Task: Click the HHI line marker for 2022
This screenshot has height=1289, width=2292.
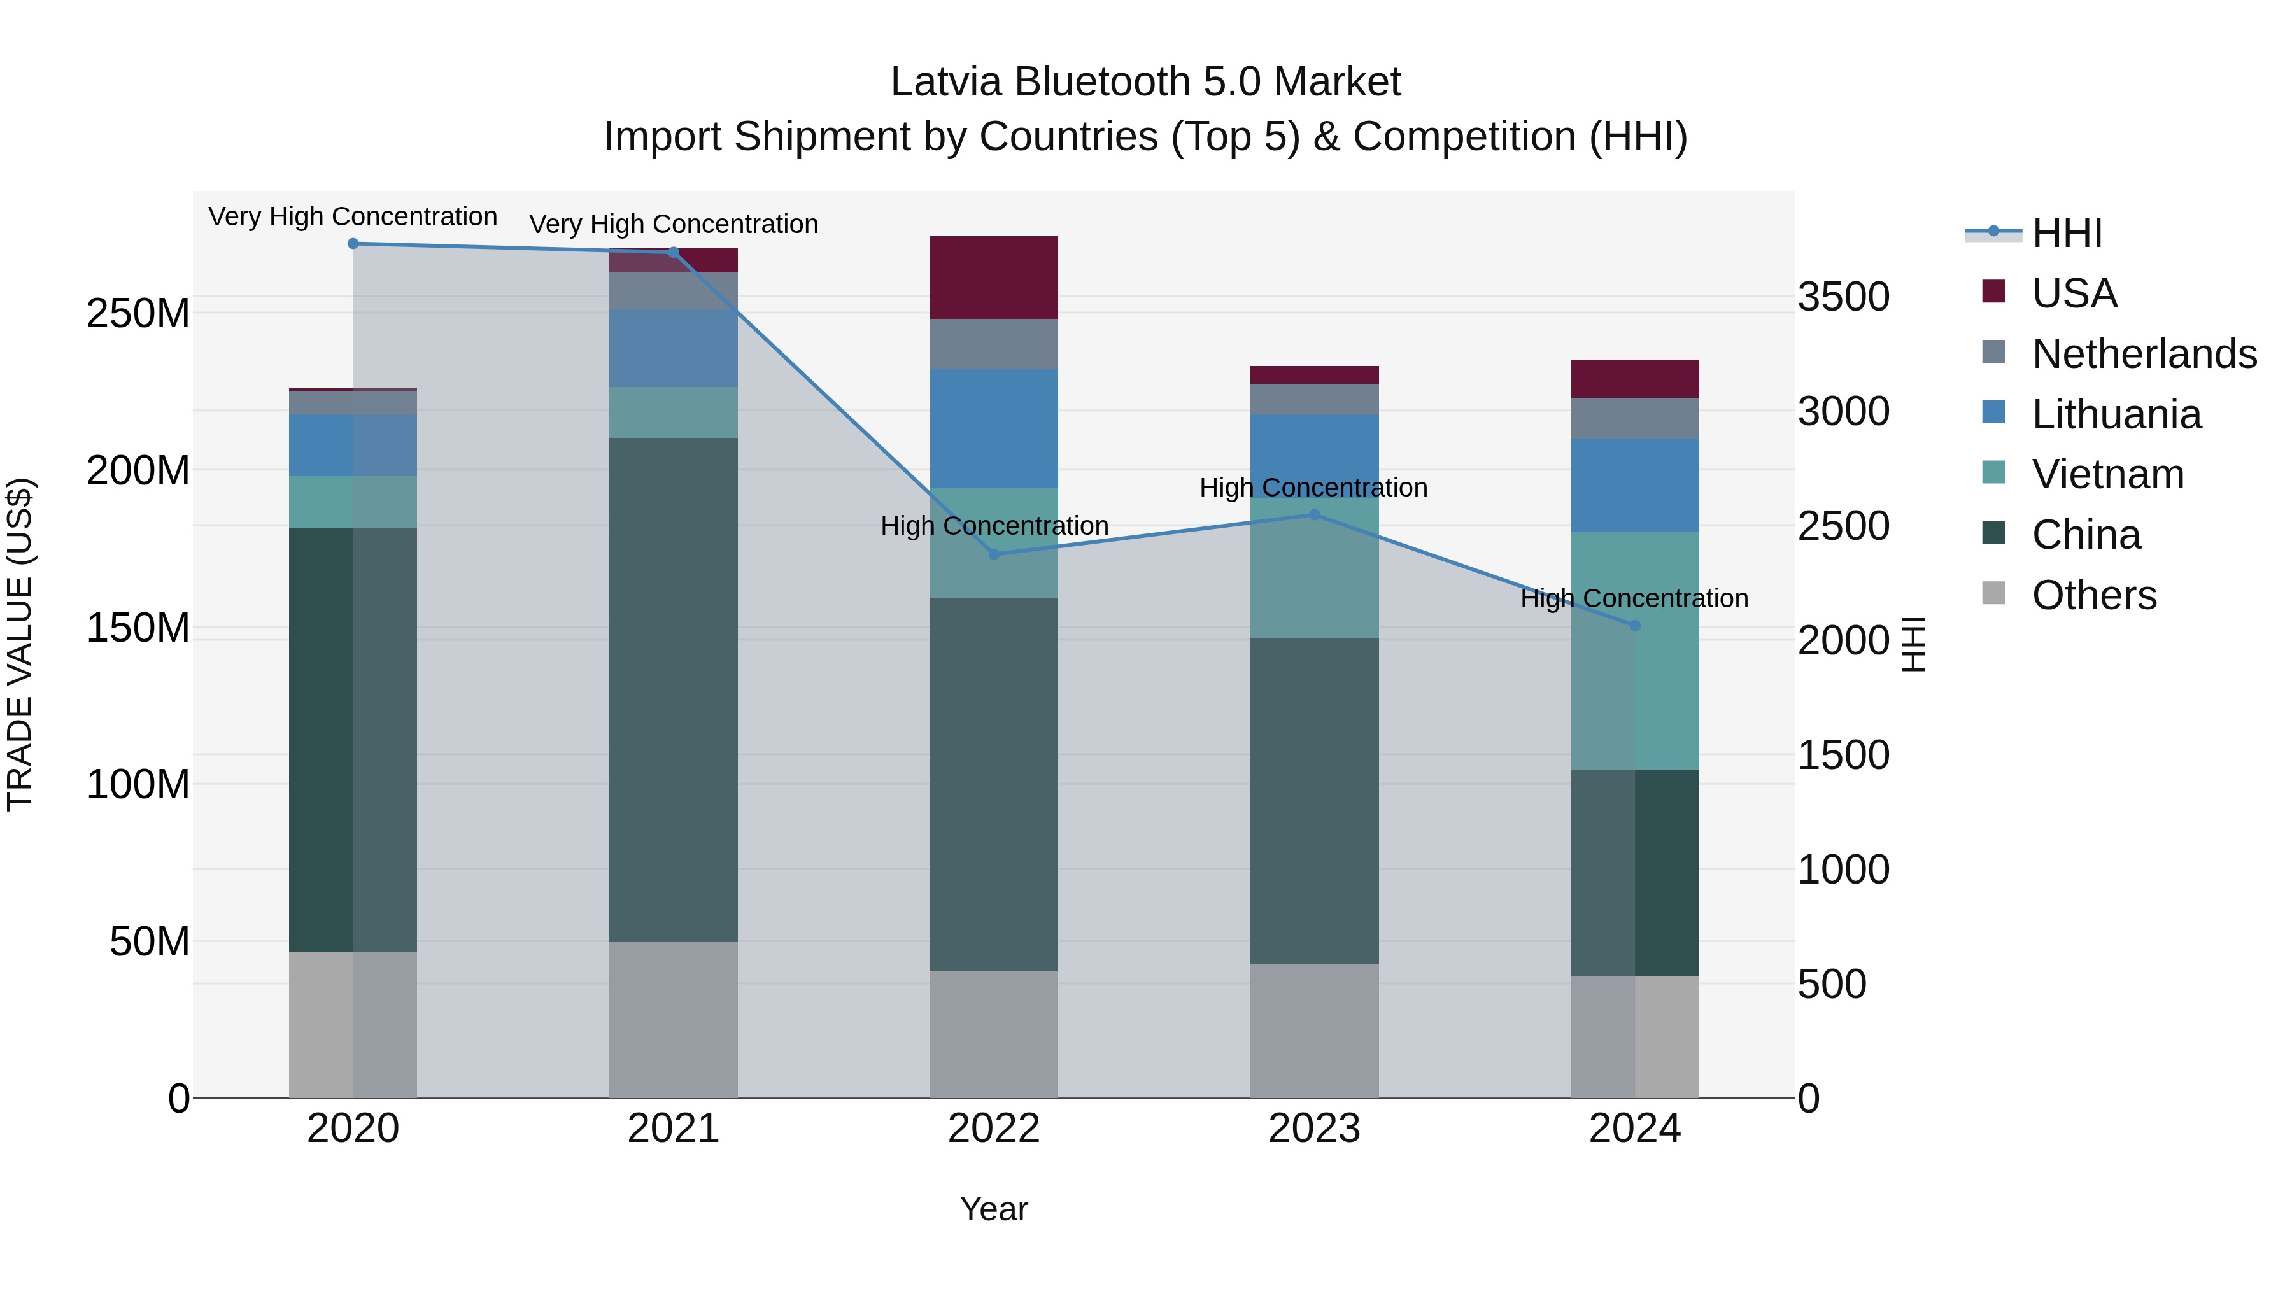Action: point(994,554)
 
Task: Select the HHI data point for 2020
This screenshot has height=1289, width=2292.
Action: point(353,244)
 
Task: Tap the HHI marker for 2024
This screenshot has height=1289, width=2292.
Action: point(1634,625)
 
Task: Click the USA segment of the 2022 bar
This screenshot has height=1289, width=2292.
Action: point(994,278)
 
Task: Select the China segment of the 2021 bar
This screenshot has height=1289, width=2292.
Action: point(674,689)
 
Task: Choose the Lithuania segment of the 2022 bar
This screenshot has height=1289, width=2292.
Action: point(994,429)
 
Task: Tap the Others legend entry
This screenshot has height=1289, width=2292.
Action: point(2093,595)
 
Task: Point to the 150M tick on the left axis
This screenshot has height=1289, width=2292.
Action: point(138,628)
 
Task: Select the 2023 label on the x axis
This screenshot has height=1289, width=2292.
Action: point(1314,1129)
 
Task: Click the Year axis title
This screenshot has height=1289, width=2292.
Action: point(994,1209)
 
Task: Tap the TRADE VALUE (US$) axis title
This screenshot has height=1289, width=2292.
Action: point(20,644)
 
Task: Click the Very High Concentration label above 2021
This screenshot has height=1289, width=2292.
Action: point(674,224)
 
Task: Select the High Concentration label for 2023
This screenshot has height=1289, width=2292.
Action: point(1313,488)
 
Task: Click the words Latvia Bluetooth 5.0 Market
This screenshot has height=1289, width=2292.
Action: point(1145,82)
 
